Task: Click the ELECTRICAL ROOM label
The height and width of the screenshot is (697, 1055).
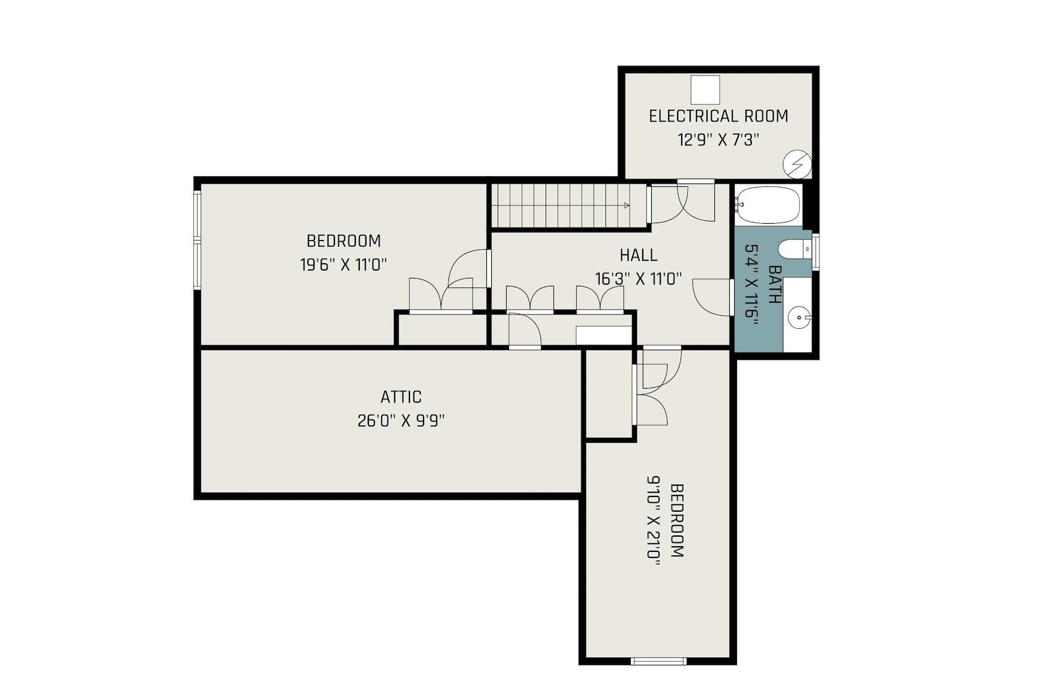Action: [x=718, y=116]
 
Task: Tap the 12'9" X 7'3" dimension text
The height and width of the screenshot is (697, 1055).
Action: [x=718, y=140]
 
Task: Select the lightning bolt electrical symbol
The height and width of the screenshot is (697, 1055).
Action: [x=797, y=164]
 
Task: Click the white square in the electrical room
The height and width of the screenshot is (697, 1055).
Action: [x=705, y=90]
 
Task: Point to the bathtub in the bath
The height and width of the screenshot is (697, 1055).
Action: [x=768, y=205]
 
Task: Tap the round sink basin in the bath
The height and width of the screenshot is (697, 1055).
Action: [x=799, y=318]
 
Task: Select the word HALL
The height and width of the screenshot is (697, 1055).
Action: [x=638, y=255]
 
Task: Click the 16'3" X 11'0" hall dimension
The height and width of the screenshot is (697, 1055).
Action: [x=638, y=279]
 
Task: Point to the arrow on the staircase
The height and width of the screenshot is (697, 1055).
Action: [x=626, y=206]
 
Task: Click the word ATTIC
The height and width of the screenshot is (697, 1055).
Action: [x=401, y=397]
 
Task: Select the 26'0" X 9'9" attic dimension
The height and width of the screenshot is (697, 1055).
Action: [x=401, y=421]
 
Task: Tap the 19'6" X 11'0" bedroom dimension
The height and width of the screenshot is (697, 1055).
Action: [x=343, y=265]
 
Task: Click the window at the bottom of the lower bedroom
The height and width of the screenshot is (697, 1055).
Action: [x=659, y=661]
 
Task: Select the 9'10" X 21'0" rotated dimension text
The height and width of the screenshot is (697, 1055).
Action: [x=653, y=517]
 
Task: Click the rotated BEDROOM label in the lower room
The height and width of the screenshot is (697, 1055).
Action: [x=677, y=520]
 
